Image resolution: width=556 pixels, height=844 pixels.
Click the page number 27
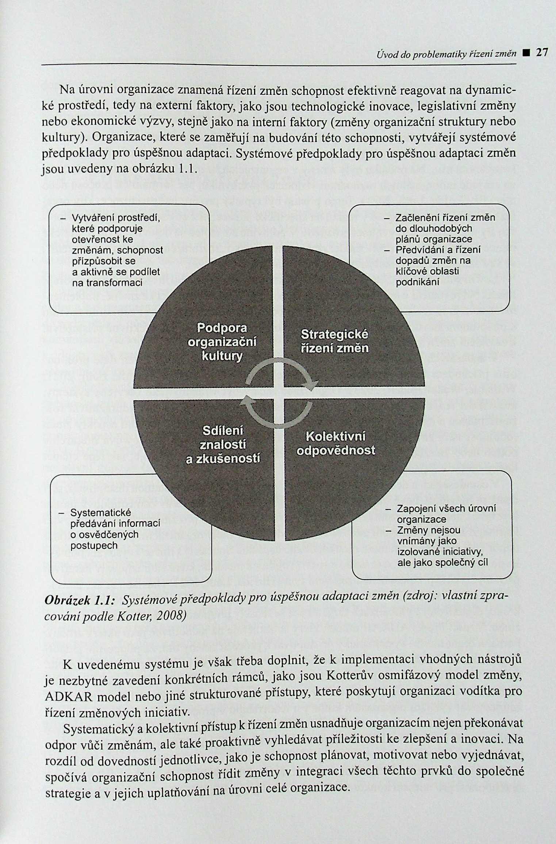point(542,53)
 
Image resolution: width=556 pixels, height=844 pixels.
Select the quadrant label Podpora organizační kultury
point(222,342)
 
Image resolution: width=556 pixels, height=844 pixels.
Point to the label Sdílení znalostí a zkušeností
point(223,445)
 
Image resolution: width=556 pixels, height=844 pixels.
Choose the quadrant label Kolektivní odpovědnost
point(336,443)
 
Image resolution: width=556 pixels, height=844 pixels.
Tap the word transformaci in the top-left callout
point(107,283)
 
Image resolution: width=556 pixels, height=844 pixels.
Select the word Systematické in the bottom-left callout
point(100,513)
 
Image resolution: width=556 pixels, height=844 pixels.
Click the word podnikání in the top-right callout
point(418,282)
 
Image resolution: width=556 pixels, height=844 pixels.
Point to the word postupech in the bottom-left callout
point(94,546)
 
